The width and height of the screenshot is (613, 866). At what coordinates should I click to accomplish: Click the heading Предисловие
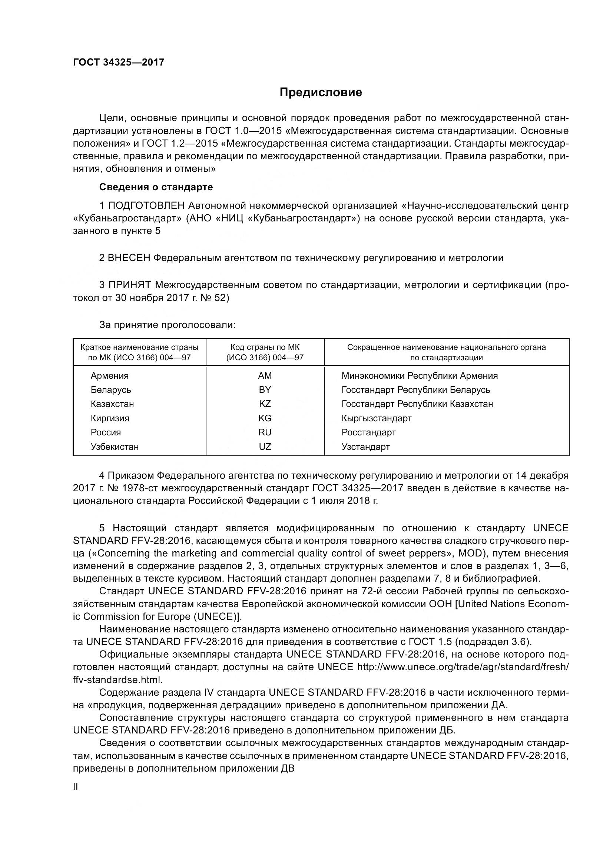[321, 93]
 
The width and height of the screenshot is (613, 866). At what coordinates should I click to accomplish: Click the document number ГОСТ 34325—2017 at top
[119, 62]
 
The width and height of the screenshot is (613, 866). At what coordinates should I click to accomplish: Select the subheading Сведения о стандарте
[156, 187]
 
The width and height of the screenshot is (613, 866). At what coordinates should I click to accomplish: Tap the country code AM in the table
[265, 376]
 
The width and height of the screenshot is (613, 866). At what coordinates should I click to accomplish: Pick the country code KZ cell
[265, 404]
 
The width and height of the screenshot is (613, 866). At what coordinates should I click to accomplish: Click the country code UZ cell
[265, 447]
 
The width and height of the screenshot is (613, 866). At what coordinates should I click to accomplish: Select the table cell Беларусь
[110, 389]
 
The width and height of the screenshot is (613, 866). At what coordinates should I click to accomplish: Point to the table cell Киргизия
[110, 418]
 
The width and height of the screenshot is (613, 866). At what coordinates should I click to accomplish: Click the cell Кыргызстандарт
[376, 418]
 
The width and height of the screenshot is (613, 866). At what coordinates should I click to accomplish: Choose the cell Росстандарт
[368, 432]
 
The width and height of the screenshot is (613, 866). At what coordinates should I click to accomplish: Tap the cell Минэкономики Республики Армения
[420, 376]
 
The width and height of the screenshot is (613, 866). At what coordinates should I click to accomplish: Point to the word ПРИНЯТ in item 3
[129, 285]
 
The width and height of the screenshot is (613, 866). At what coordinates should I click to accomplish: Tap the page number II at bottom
[76, 787]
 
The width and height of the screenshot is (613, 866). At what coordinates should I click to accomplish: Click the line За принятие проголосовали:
[167, 325]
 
